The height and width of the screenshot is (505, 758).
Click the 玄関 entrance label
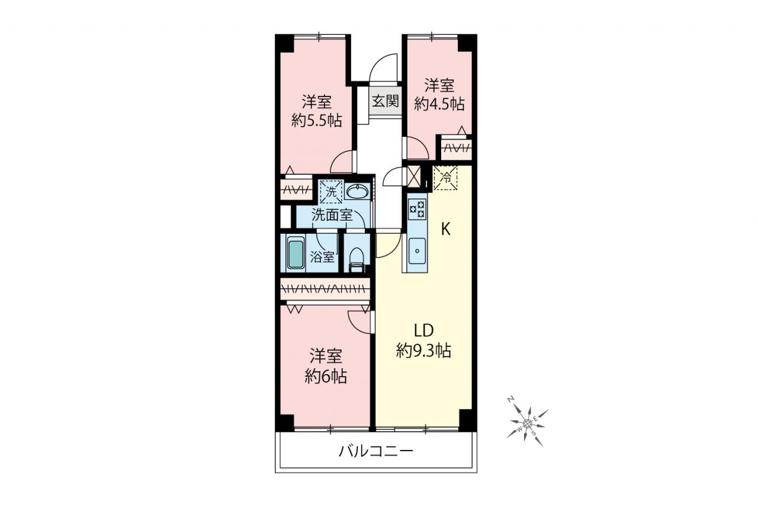386,101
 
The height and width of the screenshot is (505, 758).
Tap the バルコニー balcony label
376,451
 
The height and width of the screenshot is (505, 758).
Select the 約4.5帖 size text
439,104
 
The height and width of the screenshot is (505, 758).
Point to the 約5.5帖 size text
317,120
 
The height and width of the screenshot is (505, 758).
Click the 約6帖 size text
326,376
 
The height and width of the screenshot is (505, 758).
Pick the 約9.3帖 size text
423,350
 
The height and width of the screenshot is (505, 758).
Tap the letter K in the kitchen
446,230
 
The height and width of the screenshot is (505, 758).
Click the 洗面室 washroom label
332,215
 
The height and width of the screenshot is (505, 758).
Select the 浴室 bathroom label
322,257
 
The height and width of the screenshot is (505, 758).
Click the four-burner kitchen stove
417,209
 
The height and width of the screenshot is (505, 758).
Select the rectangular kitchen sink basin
417,251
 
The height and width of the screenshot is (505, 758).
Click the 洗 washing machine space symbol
331,192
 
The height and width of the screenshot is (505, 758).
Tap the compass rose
527,423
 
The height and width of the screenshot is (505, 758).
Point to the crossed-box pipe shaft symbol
413,176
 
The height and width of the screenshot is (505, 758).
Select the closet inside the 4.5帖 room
456,147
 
